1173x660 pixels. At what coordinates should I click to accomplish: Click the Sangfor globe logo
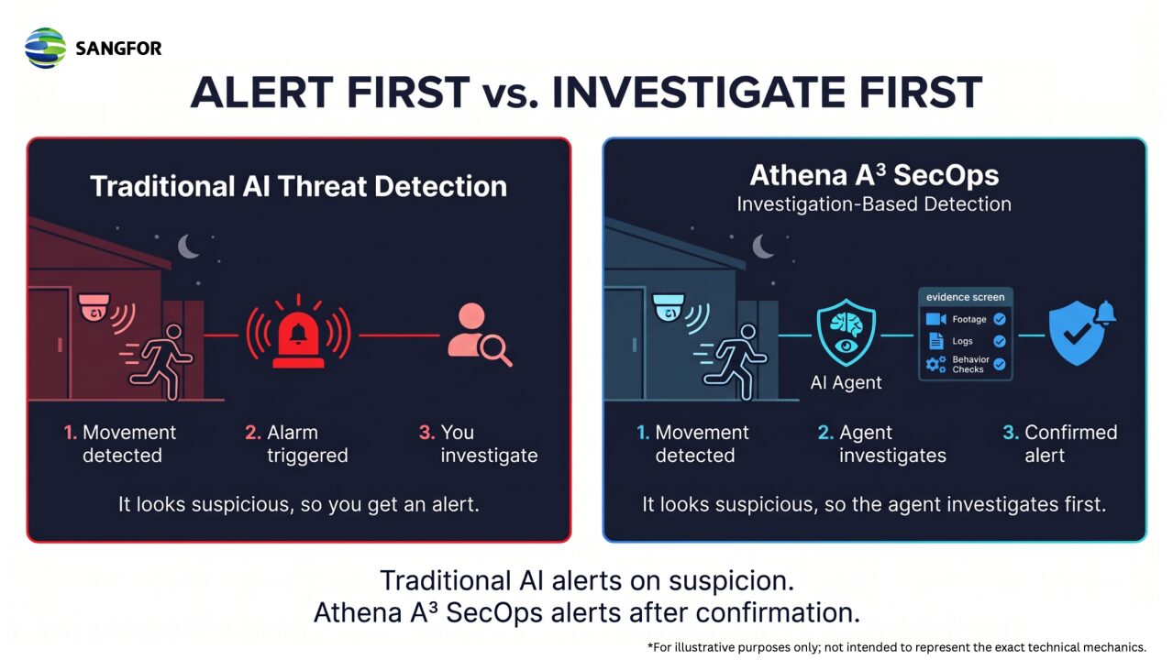[46, 49]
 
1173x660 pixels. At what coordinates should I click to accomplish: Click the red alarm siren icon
[298, 333]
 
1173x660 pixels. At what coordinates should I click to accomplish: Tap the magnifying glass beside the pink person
[495, 349]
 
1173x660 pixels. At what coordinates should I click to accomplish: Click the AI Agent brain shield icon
[847, 332]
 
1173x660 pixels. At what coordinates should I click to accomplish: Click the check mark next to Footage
[1000, 319]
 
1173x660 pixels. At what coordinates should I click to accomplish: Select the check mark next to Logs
[1000, 341]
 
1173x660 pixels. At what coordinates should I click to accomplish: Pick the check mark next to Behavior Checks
[1000, 364]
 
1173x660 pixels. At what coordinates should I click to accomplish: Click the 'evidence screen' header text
[965, 297]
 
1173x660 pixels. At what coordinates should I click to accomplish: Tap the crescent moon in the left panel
[188, 247]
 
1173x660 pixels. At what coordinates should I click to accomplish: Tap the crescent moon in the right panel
[763, 247]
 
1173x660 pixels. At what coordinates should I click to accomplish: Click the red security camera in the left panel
[94, 308]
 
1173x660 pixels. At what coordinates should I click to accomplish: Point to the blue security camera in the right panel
[669, 308]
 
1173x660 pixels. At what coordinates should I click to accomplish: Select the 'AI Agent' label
[846, 382]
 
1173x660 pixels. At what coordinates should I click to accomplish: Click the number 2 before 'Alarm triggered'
[252, 433]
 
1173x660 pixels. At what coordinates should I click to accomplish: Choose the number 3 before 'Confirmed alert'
[1010, 433]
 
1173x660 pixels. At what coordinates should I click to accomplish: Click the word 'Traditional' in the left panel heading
[162, 186]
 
